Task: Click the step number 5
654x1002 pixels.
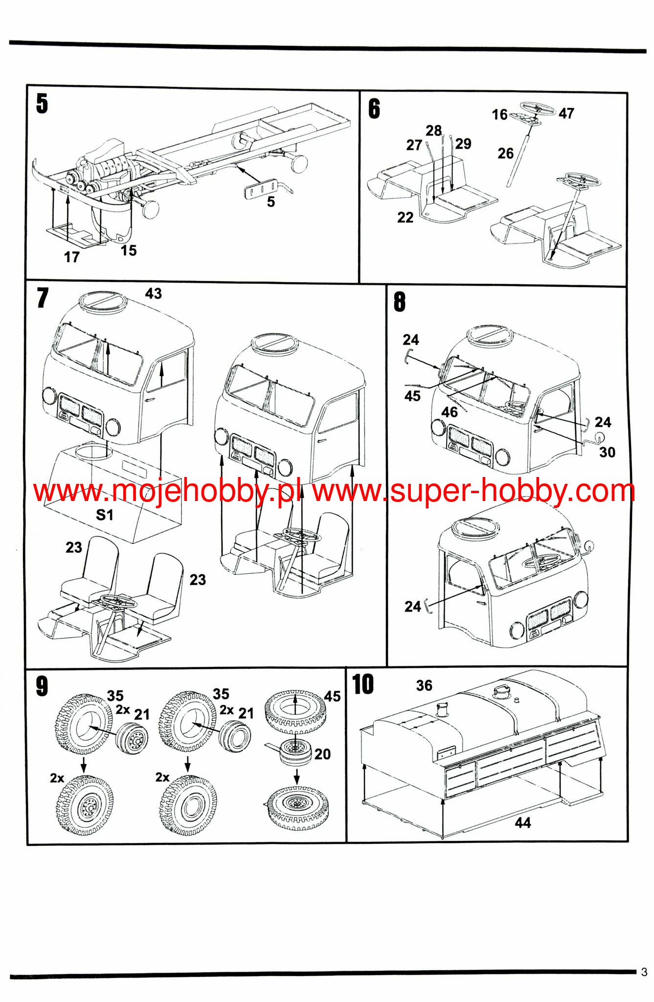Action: pos(42,104)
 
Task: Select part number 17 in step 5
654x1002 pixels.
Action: pos(71,257)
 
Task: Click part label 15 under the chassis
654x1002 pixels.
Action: pos(129,250)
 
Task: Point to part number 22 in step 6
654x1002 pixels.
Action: pos(405,217)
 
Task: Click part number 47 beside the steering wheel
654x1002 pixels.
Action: pos(566,114)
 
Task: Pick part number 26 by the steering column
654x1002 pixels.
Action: pos(505,153)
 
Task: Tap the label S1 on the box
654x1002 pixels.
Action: pos(105,515)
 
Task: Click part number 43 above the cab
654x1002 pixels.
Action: pos(153,294)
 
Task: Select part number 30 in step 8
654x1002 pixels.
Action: pos(607,452)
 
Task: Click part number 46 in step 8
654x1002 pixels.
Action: pos(450,412)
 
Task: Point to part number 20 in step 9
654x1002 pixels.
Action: pos(322,754)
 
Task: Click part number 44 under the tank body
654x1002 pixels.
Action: pos(522,822)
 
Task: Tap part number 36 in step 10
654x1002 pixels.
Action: pos(424,685)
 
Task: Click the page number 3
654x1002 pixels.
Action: pos(644,972)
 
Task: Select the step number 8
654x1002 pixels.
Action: pos(400,302)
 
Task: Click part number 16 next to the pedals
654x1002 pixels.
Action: pos(499,114)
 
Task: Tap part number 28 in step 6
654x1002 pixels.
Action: pos(433,131)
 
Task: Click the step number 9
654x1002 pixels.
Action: pos(42,686)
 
